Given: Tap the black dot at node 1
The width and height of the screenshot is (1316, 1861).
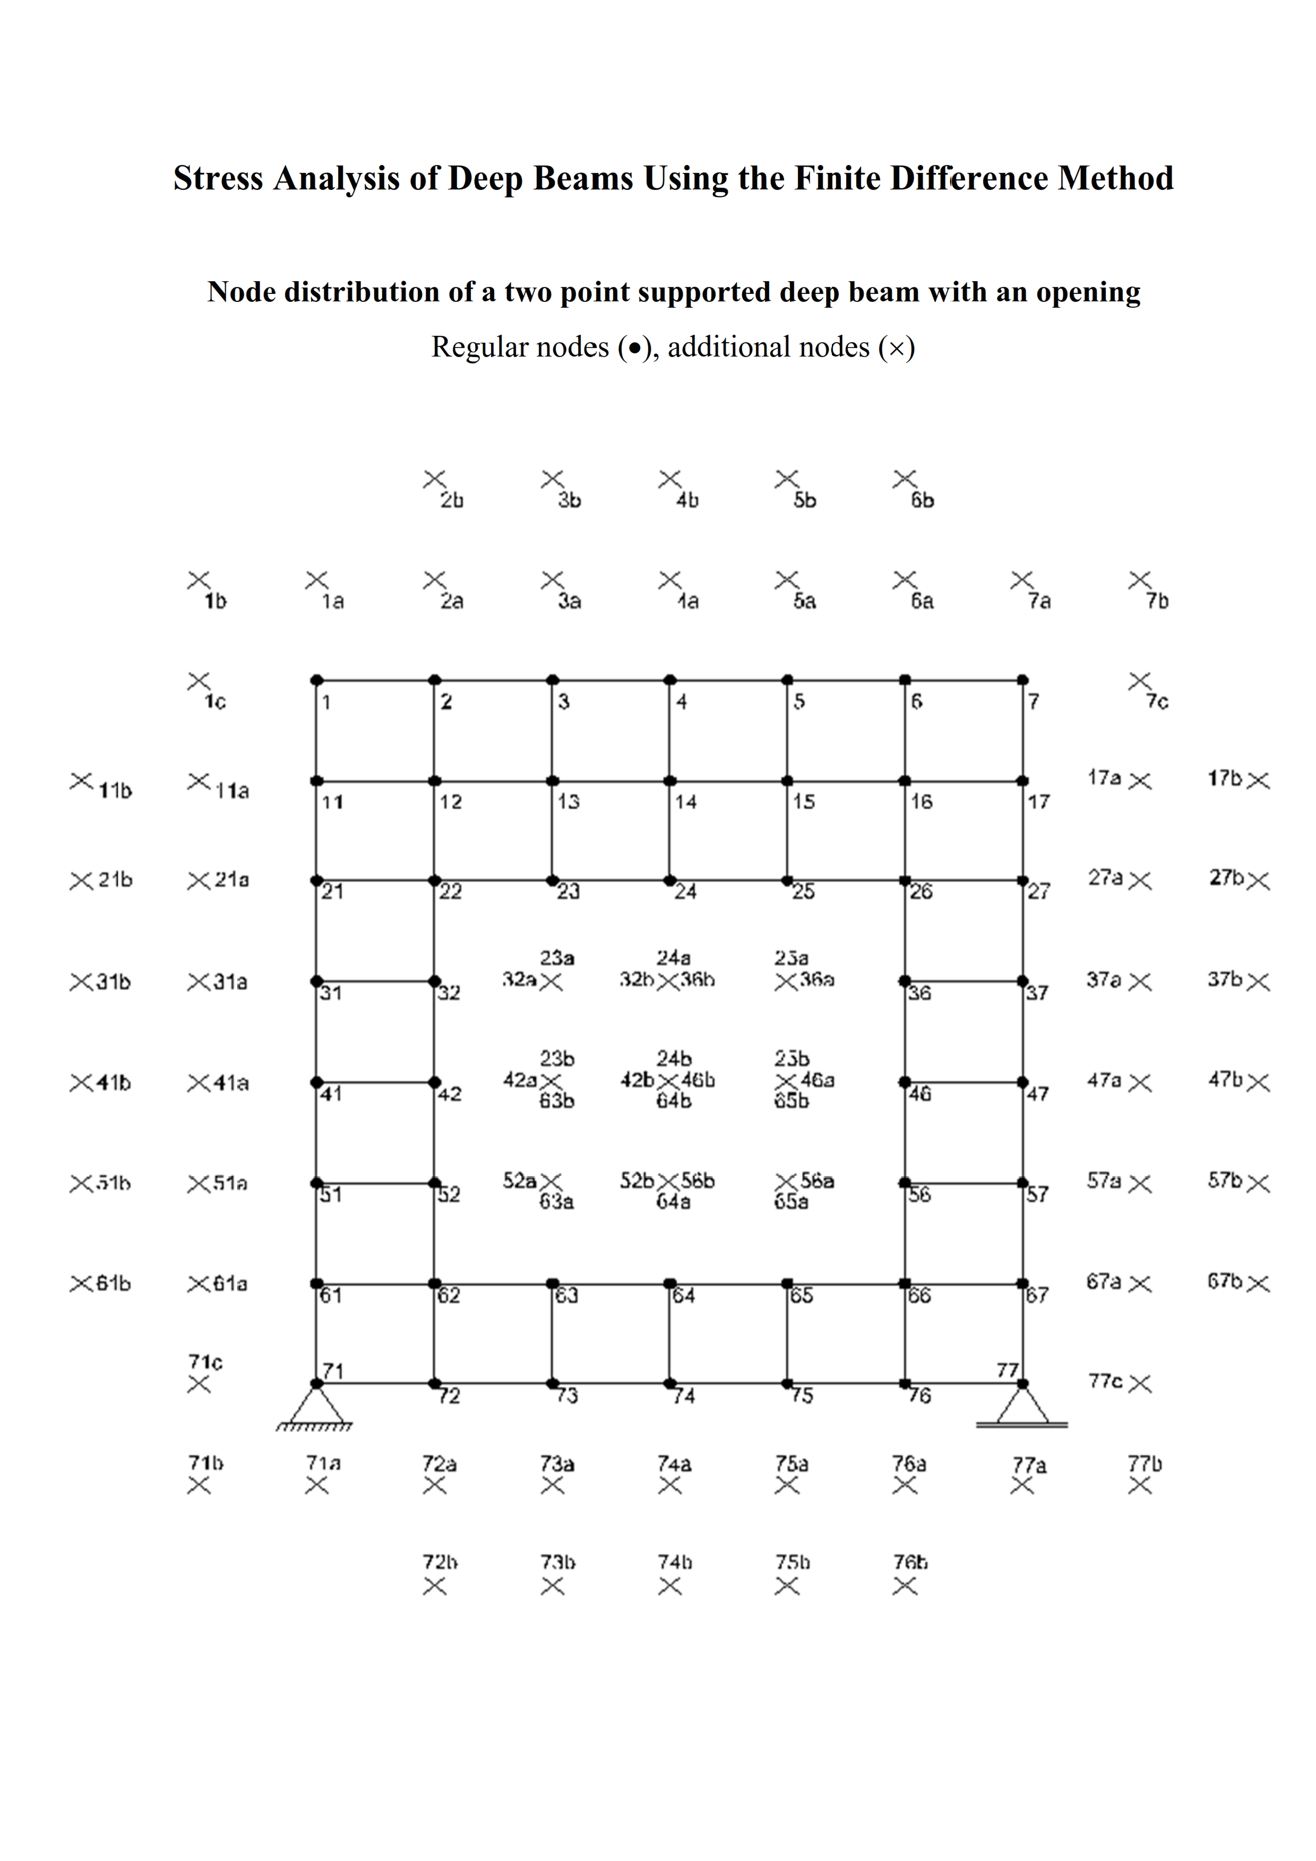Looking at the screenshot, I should click(x=317, y=680).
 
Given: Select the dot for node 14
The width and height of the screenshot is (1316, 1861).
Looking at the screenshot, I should click(x=670, y=781).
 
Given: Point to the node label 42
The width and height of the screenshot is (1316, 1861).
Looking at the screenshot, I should click(x=450, y=1094).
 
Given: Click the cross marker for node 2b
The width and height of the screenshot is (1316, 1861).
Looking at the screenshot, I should click(x=435, y=480).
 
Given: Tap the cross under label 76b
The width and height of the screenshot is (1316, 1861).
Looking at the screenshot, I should click(x=905, y=1586).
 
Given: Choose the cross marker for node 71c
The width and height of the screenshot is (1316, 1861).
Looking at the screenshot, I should click(x=199, y=1385).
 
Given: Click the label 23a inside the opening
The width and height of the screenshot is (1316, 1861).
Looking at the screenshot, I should click(x=558, y=959).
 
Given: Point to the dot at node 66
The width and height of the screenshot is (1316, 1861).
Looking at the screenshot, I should click(x=905, y=1284).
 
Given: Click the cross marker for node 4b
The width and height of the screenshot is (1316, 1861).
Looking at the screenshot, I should click(x=670, y=480).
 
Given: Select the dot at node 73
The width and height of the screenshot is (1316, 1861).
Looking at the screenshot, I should click(x=552, y=1384).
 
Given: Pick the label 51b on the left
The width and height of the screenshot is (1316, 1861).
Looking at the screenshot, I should click(x=114, y=1184).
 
